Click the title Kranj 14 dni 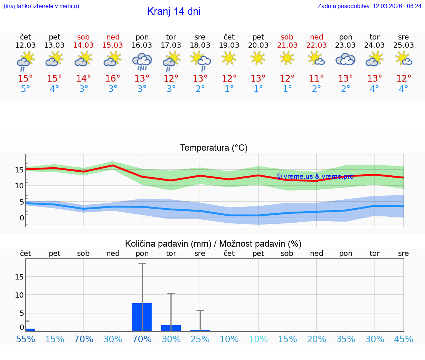click(174, 11)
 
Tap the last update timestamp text click(369, 6)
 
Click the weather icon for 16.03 click(142, 61)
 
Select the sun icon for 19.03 click(229, 58)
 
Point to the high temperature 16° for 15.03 click(113, 78)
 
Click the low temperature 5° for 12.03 click(25, 89)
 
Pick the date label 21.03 click(287, 45)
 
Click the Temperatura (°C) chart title click(214, 148)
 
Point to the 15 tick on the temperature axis click(19, 170)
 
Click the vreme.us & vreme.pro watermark click(315, 176)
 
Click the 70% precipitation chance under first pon click(142, 339)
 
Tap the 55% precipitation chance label click(25, 339)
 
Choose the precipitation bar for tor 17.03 click(171, 328)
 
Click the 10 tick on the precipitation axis click(19, 295)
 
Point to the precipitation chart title click(213, 244)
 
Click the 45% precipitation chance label click(404, 339)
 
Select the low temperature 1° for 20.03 click(258, 89)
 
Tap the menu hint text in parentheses click(41, 6)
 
